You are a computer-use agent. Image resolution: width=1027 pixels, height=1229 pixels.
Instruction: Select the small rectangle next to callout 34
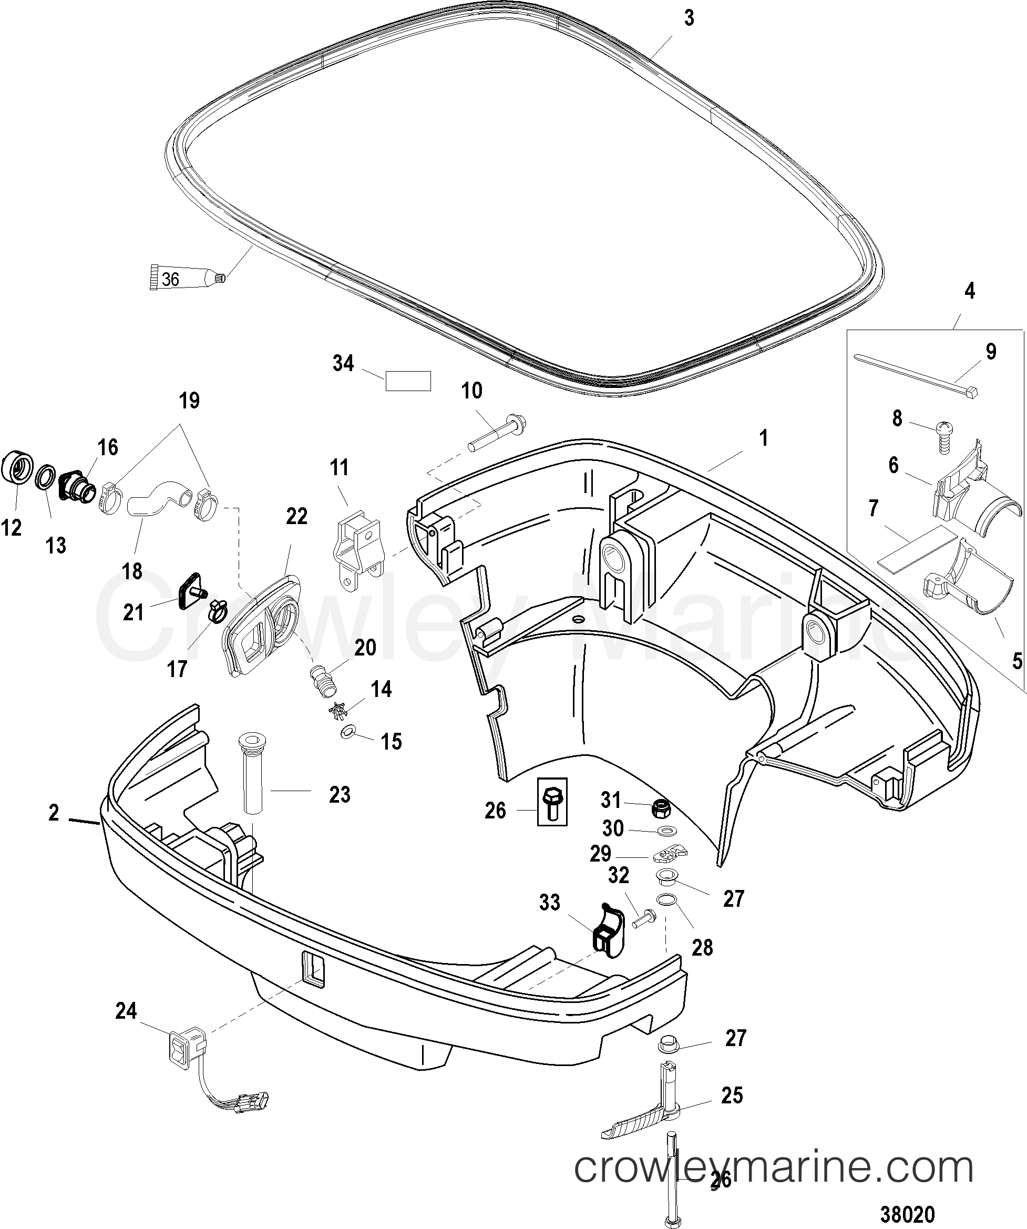point(408,381)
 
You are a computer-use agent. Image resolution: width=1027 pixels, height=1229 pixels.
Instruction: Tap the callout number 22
point(296,516)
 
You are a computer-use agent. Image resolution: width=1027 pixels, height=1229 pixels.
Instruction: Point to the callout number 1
point(763,438)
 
